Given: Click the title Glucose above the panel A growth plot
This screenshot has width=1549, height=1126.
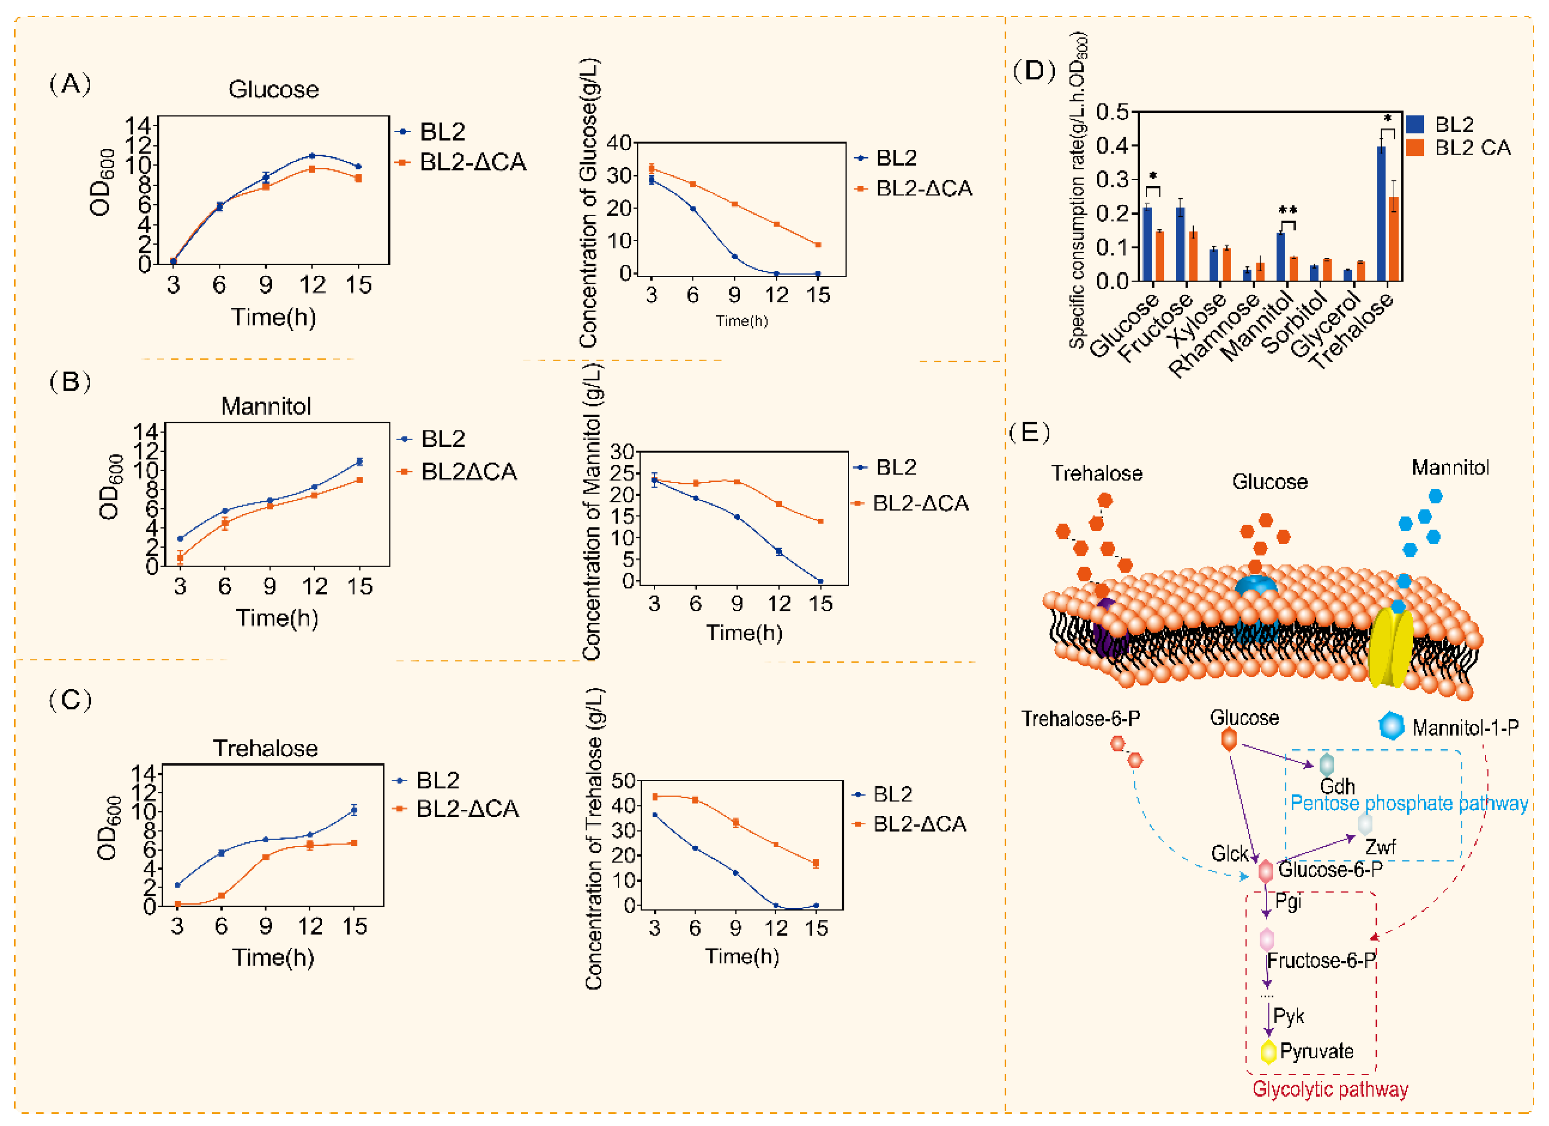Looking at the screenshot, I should [273, 90].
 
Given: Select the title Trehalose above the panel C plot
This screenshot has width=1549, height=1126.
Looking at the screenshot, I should [265, 748].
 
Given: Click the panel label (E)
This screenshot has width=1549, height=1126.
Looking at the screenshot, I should [1029, 433].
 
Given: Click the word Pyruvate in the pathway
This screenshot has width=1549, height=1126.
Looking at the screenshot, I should [1316, 1051].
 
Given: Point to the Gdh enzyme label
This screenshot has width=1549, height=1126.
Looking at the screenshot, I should [1336, 787].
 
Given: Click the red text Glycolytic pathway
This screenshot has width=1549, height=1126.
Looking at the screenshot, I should [1330, 1089].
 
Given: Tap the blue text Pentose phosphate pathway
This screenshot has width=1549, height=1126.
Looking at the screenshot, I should [1409, 804].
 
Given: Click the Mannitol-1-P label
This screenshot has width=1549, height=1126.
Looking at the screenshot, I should [1465, 728].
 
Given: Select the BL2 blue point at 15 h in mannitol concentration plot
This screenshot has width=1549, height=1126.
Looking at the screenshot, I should [820, 581].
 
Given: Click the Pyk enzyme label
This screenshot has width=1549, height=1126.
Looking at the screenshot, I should [1288, 1016].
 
